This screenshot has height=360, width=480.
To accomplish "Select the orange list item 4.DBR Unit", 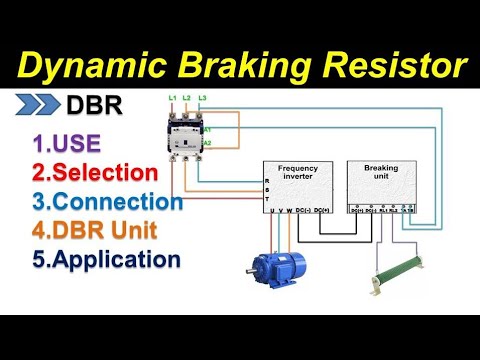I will (96, 230).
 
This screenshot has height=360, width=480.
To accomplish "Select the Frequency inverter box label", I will (298, 174).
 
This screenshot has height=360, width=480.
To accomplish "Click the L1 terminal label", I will (172, 97).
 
